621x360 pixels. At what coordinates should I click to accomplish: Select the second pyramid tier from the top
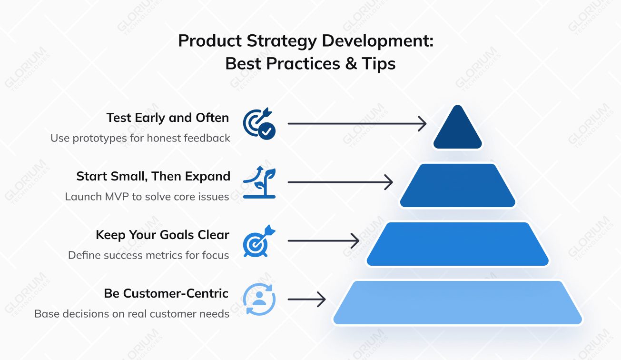pos(457,186)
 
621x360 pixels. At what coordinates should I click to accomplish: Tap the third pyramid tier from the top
pos(457,244)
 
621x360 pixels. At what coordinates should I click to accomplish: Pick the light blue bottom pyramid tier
pos(457,303)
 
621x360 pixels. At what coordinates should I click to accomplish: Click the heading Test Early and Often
pos(168,118)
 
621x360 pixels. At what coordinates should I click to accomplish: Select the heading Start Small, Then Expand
pos(153,176)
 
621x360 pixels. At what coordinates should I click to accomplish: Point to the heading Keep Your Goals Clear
pos(162,235)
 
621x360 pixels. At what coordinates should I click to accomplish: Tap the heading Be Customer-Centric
pos(166,293)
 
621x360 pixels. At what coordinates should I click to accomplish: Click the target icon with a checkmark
pos(259,124)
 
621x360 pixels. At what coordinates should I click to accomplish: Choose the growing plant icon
pos(259,182)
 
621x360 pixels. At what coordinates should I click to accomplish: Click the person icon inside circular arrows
pos(259,300)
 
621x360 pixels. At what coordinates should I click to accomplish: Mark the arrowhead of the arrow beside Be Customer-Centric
pos(323,300)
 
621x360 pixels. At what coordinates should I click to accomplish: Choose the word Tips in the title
pos(379,63)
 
